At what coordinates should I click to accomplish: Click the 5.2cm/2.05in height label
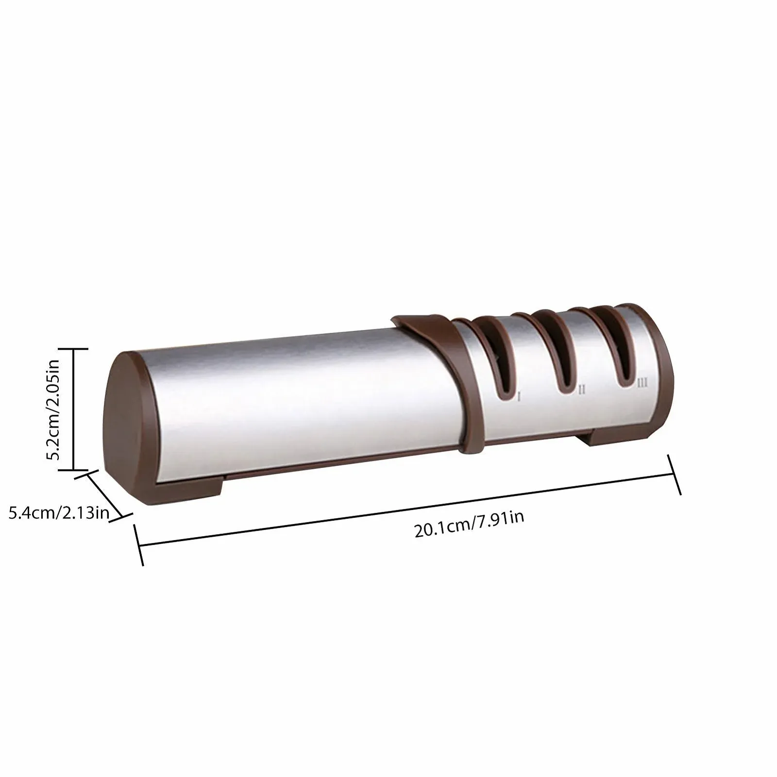point(53,409)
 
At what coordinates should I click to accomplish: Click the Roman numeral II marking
point(581,390)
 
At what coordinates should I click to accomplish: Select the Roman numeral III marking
point(642,383)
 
